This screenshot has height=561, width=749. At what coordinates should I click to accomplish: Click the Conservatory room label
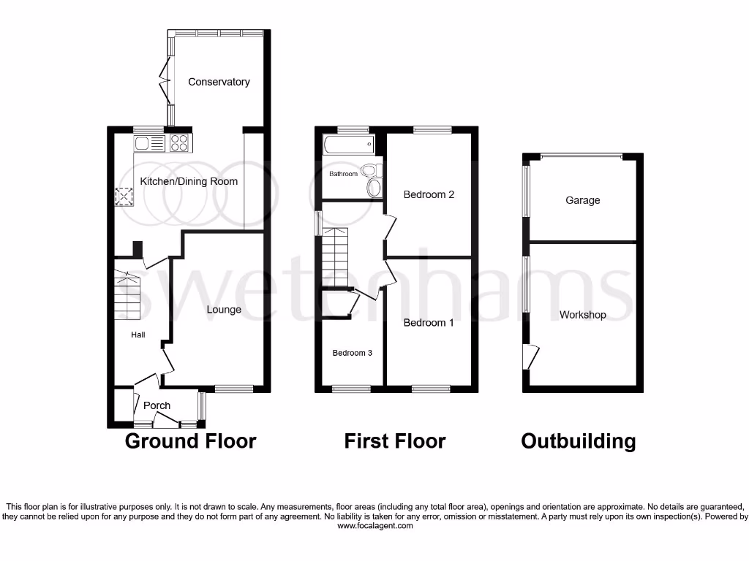tap(219, 82)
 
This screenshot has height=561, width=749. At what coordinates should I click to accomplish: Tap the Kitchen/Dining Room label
tap(189, 181)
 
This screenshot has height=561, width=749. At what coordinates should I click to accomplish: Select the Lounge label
tap(224, 310)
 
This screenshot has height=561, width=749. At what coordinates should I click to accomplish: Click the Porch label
tap(157, 405)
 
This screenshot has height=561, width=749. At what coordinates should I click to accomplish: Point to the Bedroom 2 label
tap(429, 194)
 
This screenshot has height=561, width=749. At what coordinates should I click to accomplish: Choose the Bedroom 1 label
tap(429, 323)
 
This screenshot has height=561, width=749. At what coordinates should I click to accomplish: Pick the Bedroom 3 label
tap(353, 353)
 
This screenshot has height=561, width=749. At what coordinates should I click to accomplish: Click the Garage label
tap(582, 200)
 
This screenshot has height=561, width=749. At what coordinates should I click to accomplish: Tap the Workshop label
tap(583, 315)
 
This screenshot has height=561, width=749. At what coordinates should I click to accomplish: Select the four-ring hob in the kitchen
tap(179, 143)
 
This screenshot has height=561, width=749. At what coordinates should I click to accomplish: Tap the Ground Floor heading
tap(190, 441)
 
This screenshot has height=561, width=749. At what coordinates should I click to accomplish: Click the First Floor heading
tap(395, 441)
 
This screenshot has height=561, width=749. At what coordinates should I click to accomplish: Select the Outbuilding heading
tap(578, 441)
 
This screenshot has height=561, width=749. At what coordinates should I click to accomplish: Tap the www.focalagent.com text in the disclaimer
tap(374, 526)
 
